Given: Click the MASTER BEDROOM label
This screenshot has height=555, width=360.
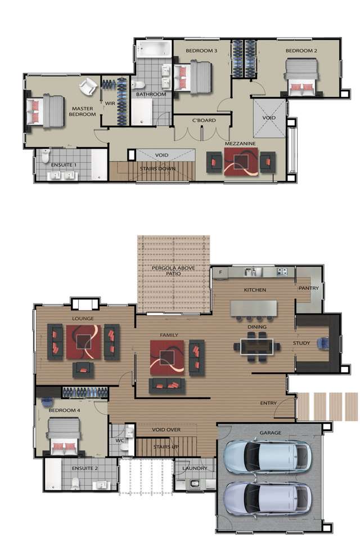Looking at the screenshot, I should coord(83,111).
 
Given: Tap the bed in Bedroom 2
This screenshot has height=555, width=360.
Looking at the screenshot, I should coord(301,78).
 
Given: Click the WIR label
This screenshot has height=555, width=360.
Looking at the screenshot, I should coord(110,103).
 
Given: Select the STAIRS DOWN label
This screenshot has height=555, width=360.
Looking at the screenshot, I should coord(157,168).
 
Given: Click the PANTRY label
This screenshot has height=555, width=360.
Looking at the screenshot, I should coord(309,288).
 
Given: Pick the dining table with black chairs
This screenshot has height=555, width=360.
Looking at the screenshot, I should coord(256,346).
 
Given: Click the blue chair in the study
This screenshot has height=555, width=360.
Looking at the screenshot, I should coord(325,343).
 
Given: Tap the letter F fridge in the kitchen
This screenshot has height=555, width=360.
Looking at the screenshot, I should coord(220,272).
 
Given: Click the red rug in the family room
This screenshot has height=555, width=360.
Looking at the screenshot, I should coord(166,358).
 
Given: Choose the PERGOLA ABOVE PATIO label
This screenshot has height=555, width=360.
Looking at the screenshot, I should coord(173,271).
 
